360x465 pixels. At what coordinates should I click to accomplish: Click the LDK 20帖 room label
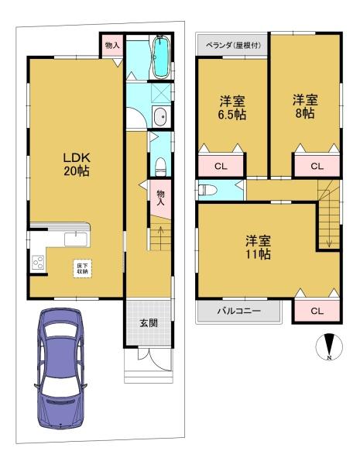(x=77, y=164)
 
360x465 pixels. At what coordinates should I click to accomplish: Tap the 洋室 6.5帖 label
(x=232, y=108)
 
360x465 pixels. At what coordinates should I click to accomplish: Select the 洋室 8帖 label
(x=305, y=106)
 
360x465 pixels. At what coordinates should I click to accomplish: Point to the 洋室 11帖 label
(x=258, y=247)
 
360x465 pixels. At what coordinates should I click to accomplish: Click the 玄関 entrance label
(x=149, y=323)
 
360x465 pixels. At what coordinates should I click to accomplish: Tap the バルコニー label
(x=238, y=311)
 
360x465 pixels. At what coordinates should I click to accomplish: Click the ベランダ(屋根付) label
(x=234, y=46)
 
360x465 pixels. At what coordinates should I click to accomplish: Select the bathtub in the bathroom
(x=160, y=57)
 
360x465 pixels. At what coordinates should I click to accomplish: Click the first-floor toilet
(x=160, y=167)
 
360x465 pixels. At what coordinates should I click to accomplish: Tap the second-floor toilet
(x=207, y=190)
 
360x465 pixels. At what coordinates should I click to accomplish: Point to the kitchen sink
(x=76, y=239)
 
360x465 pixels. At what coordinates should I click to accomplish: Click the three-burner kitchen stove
(x=38, y=263)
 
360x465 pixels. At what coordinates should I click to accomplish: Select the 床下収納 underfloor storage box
(x=83, y=269)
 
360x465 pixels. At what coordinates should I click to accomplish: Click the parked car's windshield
(x=60, y=330)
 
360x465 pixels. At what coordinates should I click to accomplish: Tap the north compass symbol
(x=329, y=346)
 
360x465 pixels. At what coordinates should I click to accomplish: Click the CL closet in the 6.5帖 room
(x=221, y=166)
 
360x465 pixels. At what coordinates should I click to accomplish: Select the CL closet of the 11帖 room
(x=317, y=311)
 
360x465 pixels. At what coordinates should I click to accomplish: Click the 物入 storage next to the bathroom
(x=112, y=46)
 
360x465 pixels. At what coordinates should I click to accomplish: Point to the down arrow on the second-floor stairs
(x=329, y=241)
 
